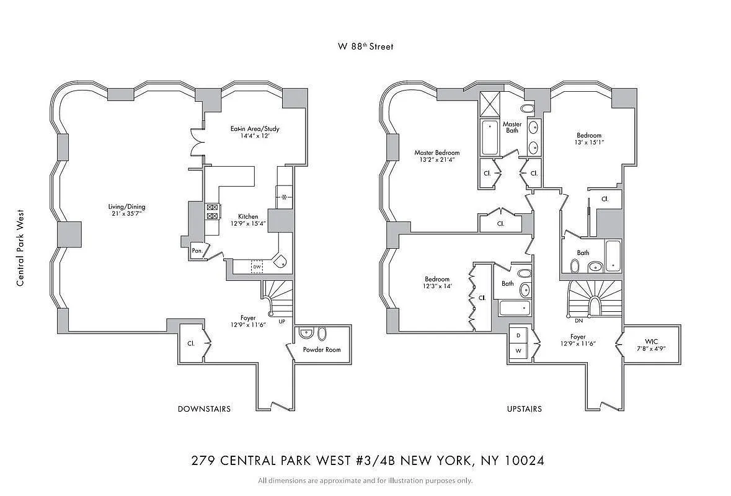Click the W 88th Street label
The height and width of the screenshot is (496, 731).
(x=365, y=46)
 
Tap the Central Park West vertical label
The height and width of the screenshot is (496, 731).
(x=20, y=247)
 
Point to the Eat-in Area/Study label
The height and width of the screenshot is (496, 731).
(x=255, y=129)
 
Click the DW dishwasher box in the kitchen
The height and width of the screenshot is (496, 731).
(x=256, y=266)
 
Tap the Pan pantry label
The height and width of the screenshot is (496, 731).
(x=197, y=250)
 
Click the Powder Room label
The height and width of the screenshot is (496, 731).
(x=322, y=350)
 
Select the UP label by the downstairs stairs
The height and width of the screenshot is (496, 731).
(x=282, y=322)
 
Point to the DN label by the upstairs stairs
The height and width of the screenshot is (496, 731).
(x=578, y=321)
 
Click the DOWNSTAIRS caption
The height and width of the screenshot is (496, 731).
(x=204, y=409)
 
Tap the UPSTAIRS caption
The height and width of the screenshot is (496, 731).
(x=524, y=409)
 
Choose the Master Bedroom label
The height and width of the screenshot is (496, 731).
(x=437, y=153)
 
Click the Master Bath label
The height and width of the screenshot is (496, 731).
(x=512, y=127)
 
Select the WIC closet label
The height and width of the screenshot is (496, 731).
(x=651, y=341)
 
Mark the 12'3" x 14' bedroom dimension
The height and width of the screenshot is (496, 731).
(x=437, y=286)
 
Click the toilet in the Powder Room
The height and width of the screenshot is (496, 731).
(x=321, y=334)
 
